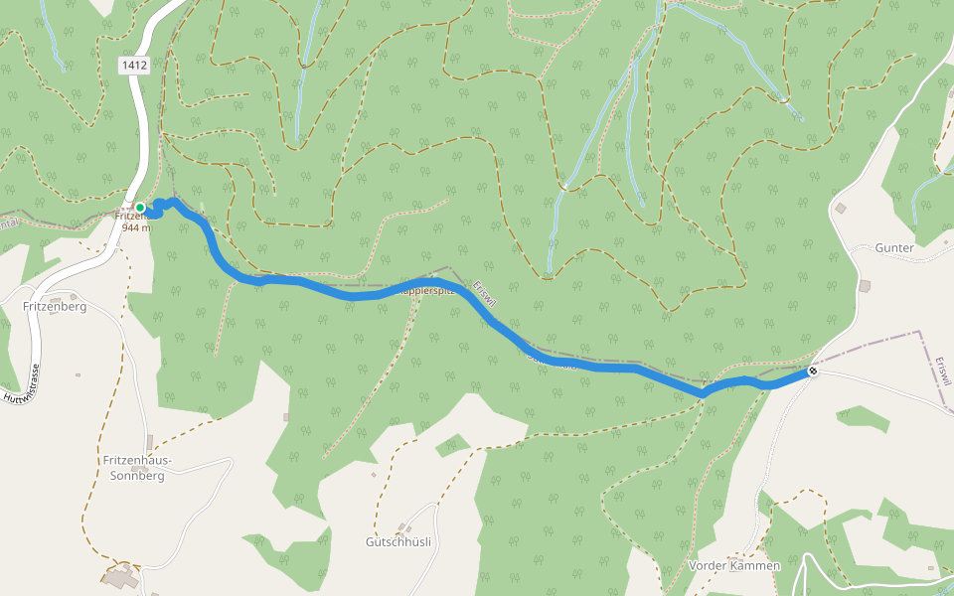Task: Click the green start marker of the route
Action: tap(140, 208)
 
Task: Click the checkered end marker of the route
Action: tap(813, 372)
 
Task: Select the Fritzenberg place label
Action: tap(55, 307)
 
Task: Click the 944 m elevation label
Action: tap(136, 227)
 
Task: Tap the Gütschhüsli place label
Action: tap(397, 542)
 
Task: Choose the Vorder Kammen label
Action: tap(734, 565)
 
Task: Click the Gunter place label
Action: tap(893, 246)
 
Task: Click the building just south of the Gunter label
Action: tap(864, 286)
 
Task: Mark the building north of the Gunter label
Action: tap(841, 209)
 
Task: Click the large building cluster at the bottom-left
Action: tap(122, 577)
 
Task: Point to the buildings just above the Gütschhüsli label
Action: tap(402, 527)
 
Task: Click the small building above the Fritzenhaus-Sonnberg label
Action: tap(150, 441)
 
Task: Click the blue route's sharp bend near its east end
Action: tap(704, 394)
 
